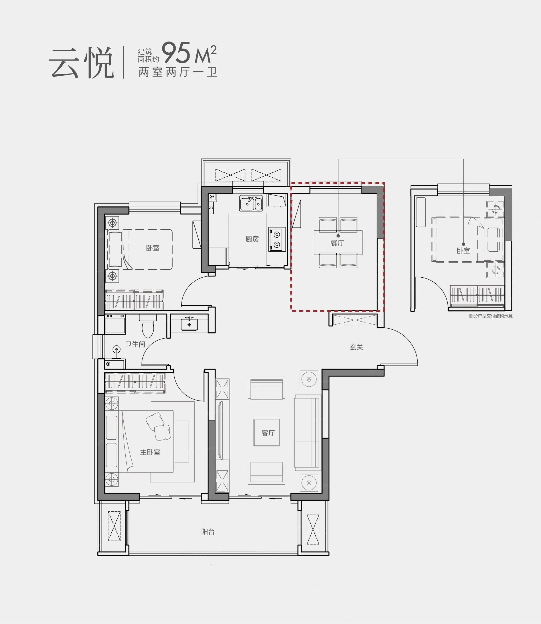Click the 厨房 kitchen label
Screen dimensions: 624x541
tap(252, 239)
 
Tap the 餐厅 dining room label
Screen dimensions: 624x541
tap(337, 243)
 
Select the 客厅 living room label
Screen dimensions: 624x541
tap(268, 433)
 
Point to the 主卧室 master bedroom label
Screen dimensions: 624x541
tap(150, 452)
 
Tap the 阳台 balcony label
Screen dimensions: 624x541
tap(208, 532)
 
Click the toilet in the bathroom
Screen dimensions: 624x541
tap(148, 327)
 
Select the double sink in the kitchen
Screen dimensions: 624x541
tap(251, 203)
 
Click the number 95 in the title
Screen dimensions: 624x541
tap(177, 53)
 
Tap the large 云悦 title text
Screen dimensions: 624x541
tap(81, 63)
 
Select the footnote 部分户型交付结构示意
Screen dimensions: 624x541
tap(491, 316)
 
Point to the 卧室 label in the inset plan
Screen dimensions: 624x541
tap(463, 251)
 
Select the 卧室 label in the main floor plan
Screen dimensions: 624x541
tap(152, 248)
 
